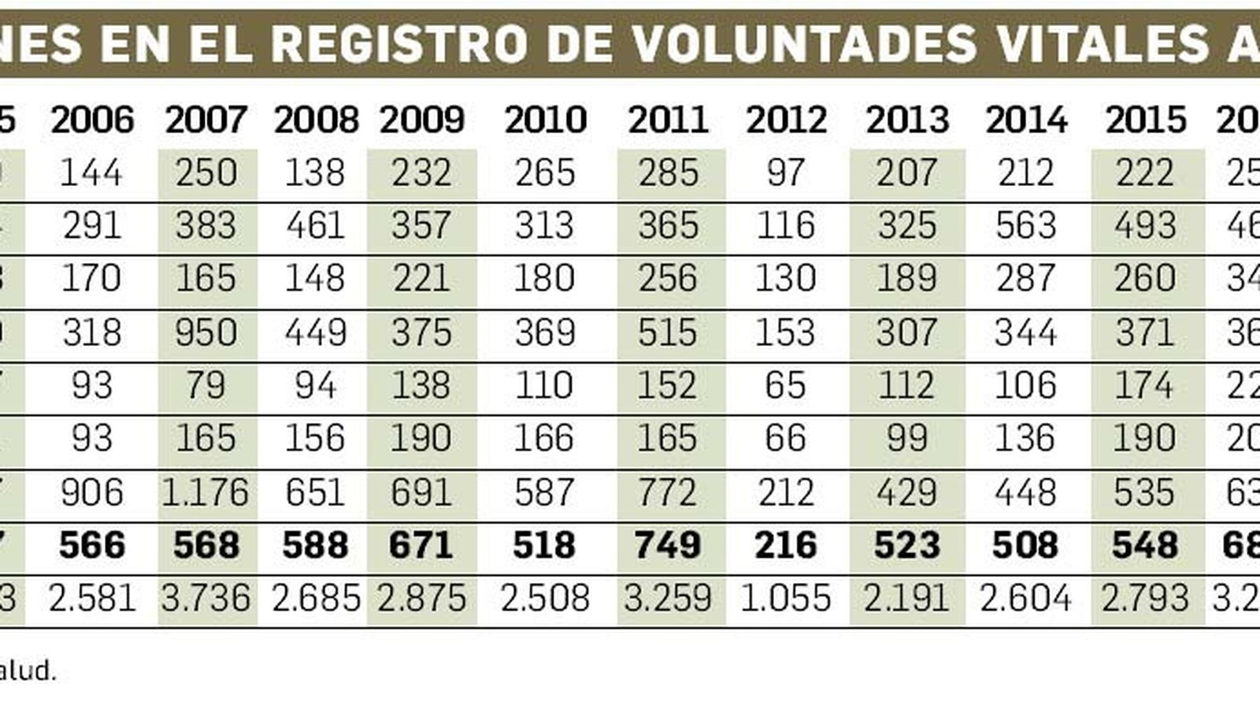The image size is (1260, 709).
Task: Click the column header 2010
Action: [x=545, y=120]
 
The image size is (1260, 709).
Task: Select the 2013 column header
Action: [x=907, y=120]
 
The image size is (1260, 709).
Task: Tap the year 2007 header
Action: [x=206, y=120]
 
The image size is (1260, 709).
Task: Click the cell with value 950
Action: [x=206, y=332]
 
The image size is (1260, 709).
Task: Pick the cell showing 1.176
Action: [x=206, y=492]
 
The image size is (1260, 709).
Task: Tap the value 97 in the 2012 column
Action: [x=785, y=173]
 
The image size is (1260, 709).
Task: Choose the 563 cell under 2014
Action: [x=1025, y=226]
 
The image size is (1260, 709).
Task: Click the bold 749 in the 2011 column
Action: [x=668, y=545]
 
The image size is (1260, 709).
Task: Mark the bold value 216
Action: [x=785, y=545]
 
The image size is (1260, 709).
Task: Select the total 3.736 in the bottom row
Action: [x=206, y=599]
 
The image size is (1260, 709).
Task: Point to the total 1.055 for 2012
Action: [x=785, y=599]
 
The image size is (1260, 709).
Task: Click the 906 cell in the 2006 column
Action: [x=91, y=492]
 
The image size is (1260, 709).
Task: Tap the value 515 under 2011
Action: [x=668, y=332]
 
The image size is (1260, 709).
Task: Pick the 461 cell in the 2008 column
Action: [x=315, y=226]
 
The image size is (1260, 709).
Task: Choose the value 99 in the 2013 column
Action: [x=906, y=438]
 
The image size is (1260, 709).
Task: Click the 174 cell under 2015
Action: [x=1144, y=385]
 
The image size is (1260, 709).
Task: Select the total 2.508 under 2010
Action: [x=544, y=599]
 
